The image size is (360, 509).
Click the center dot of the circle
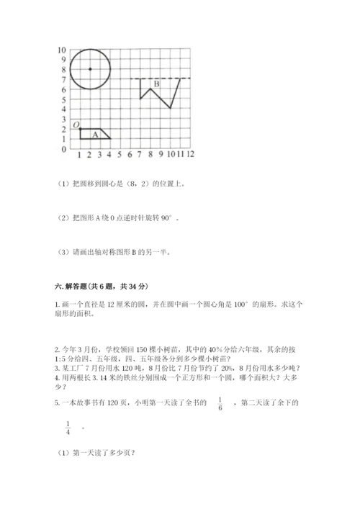coord(90,69)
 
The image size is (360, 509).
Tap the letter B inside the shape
coord(156,86)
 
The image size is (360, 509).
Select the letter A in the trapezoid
coord(95,134)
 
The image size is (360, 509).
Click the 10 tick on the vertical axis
coord(62,50)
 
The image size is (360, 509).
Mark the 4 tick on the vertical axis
coord(63,109)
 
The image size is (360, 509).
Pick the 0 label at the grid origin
coord(63,149)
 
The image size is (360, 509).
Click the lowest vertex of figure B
coord(170,108)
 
